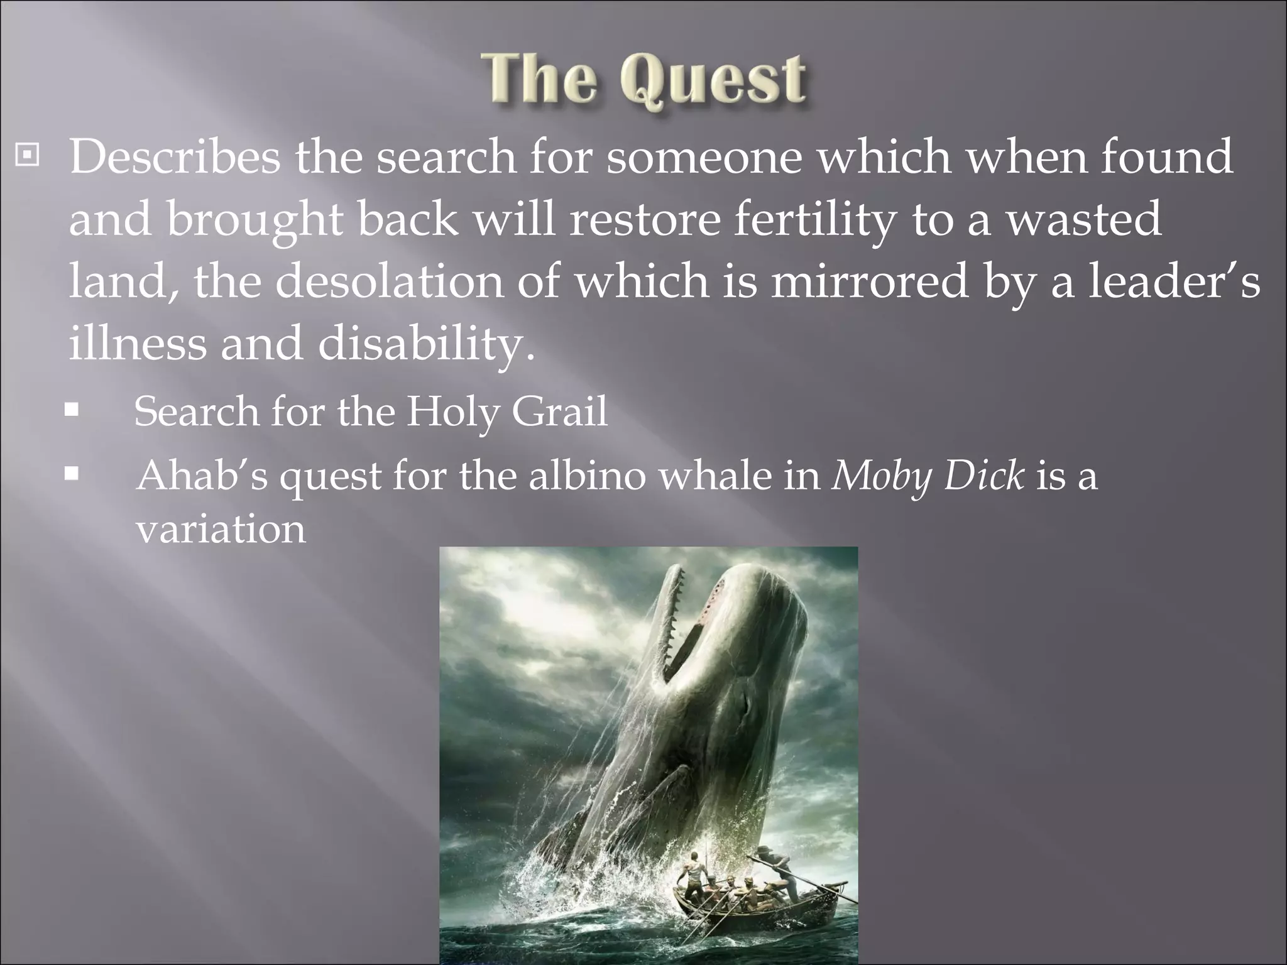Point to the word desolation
(x=390, y=281)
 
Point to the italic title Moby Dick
(x=929, y=476)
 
